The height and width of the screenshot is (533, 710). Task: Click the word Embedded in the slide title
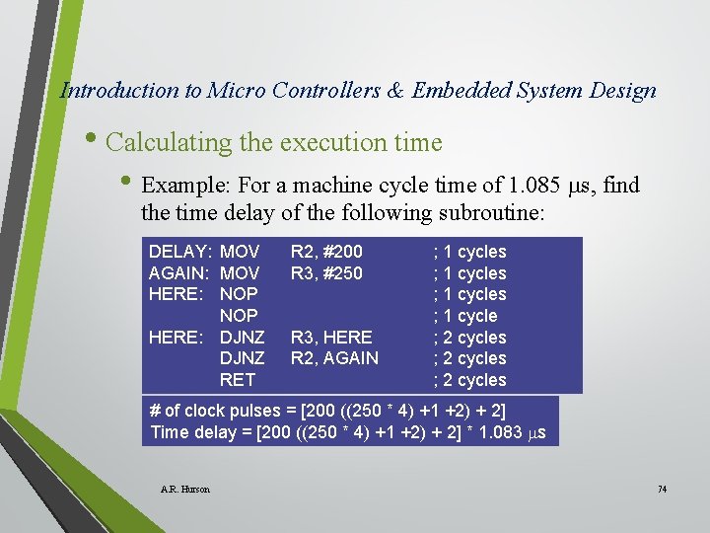click(x=458, y=91)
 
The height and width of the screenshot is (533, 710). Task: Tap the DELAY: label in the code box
click(x=180, y=252)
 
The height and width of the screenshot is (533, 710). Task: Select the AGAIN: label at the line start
click(x=180, y=273)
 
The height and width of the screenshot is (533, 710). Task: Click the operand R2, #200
click(x=326, y=252)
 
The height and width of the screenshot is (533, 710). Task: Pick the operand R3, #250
click(x=326, y=273)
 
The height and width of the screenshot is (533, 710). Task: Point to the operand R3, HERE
click(x=331, y=337)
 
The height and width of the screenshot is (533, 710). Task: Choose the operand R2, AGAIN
click(x=334, y=358)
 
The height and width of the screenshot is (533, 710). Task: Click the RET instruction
click(x=238, y=380)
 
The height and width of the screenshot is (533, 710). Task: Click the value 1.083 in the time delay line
click(x=496, y=431)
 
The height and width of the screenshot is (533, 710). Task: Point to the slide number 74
click(x=662, y=490)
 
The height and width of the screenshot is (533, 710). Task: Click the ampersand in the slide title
click(x=395, y=91)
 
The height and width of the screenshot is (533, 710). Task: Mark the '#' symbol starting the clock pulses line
click(x=155, y=410)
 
